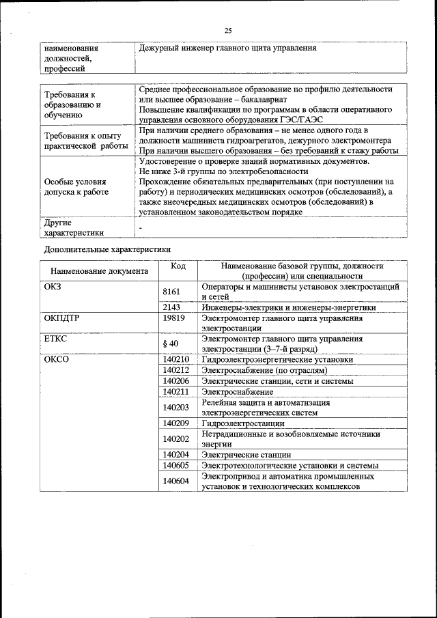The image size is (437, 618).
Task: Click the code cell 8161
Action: (x=171, y=292)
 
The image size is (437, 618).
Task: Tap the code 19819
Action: (x=175, y=318)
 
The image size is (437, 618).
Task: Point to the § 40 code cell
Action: (x=170, y=343)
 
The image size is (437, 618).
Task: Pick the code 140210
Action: (x=176, y=359)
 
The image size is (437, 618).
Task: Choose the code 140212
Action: (x=176, y=370)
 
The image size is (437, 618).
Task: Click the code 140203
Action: (x=176, y=408)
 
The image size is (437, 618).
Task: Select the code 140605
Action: (x=176, y=465)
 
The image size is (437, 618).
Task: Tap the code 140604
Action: (x=176, y=481)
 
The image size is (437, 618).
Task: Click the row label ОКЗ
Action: (x=53, y=287)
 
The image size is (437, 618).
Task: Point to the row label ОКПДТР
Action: (x=62, y=318)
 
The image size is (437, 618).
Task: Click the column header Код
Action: (x=178, y=266)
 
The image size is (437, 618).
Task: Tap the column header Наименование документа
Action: (x=99, y=271)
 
